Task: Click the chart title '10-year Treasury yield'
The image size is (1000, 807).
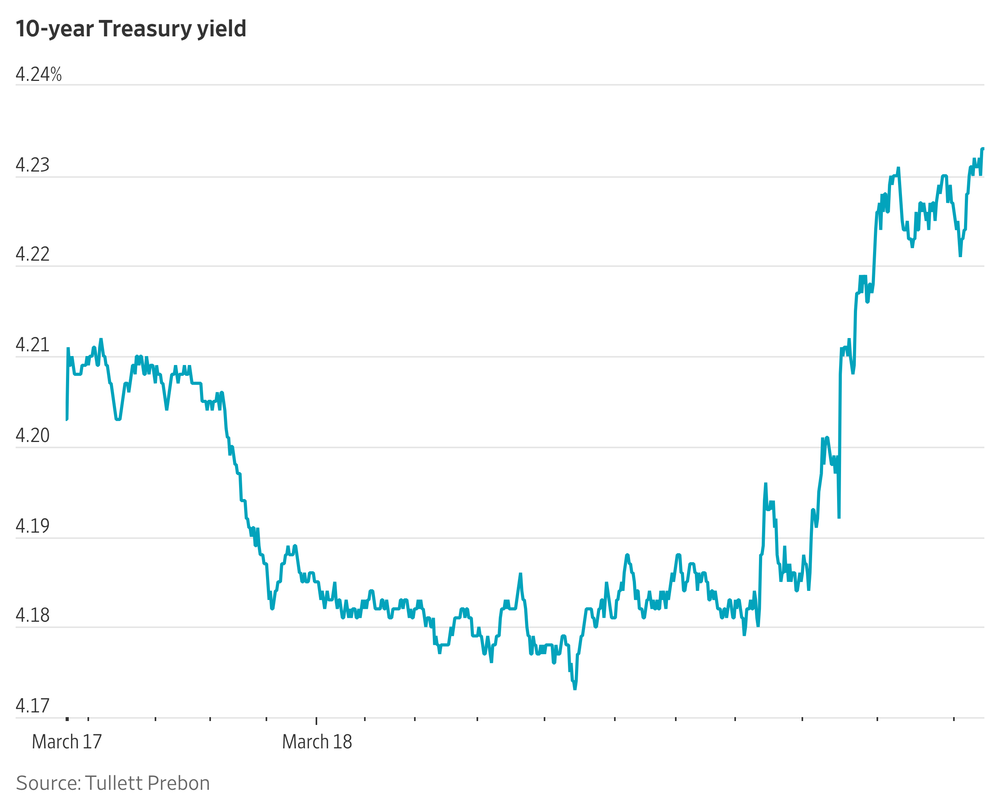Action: (x=130, y=29)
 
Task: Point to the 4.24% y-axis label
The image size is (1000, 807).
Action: (x=39, y=74)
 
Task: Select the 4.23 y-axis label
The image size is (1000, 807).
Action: (x=32, y=165)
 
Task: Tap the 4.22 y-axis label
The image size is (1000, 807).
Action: (x=32, y=254)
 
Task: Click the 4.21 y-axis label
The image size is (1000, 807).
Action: (x=32, y=345)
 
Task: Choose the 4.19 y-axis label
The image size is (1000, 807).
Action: (x=32, y=526)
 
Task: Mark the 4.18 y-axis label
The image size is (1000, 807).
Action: (x=32, y=616)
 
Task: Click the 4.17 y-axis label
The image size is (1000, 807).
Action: (x=32, y=706)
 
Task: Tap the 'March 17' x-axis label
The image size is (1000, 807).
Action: (x=67, y=742)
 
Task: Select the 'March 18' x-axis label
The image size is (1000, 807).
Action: (x=317, y=742)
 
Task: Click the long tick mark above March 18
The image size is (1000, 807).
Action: (x=316, y=721)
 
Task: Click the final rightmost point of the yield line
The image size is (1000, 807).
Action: (x=983, y=149)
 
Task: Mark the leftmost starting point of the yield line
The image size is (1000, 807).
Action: (x=67, y=419)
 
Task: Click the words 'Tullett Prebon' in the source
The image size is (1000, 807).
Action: (x=148, y=783)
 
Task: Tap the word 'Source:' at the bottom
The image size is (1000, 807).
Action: (x=48, y=783)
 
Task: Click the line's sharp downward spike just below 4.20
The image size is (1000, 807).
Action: (x=839, y=517)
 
